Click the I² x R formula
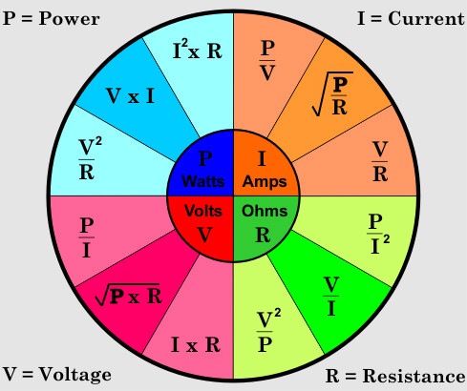tap(197, 50)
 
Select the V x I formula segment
tap(130, 95)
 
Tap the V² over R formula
tap(90, 159)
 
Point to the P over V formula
tap(267, 60)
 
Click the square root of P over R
tap(332, 94)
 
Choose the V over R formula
tap(380, 161)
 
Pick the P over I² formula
tap(378, 234)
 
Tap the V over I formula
tap(331, 297)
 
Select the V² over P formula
tap(268, 331)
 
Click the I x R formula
tap(196, 344)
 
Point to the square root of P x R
tap(129, 295)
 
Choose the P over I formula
tap(87, 237)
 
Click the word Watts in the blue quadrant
tap(203, 181)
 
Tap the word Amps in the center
tap(265, 181)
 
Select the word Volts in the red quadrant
tap(203, 211)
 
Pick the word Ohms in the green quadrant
tap(265, 211)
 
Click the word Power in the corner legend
tap(69, 18)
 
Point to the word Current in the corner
tap(426, 18)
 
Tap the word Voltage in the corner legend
tap(75, 375)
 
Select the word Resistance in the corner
tap(414, 377)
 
